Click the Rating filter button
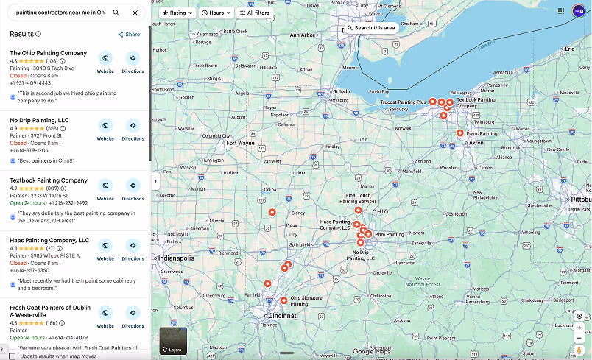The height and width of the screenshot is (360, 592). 177,13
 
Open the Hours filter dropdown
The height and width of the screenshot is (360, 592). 216,13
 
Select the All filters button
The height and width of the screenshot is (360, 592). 254,13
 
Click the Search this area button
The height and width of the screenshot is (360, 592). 371,28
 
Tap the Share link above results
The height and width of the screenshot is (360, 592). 129,35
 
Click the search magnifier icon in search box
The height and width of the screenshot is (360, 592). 116,13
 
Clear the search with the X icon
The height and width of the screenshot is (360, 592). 135,13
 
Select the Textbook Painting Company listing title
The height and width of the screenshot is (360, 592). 49,180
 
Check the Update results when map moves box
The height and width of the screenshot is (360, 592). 12,356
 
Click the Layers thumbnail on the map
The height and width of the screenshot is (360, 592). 173,341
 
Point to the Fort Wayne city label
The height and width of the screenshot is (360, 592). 241,143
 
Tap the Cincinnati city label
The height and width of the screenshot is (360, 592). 283,315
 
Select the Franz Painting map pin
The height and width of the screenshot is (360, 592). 460,133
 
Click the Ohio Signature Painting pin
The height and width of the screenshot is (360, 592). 284,300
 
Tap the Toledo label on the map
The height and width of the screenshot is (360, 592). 342,92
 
